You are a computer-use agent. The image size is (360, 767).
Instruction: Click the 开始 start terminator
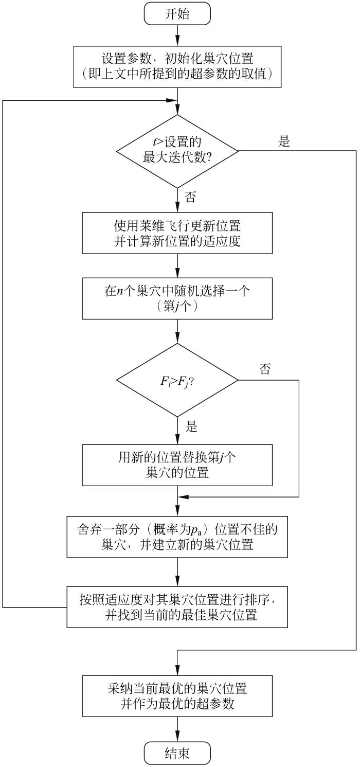click(177, 14)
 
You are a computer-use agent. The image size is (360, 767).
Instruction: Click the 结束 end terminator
click(177, 754)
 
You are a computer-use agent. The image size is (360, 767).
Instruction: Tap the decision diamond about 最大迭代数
click(177, 151)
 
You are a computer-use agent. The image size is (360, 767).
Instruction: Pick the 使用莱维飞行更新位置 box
click(177, 233)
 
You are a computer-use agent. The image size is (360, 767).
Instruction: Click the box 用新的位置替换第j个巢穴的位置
click(177, 465)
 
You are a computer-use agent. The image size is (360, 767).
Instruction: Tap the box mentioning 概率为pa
click(177, 537)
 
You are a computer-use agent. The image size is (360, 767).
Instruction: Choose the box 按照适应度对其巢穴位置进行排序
click(177, 607)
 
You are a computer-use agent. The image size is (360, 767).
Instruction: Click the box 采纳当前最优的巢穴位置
click(177, 695)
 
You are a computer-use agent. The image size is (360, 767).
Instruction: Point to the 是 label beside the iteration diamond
click(284, 141)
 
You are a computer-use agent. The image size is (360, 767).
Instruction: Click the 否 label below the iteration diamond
click(190, 197)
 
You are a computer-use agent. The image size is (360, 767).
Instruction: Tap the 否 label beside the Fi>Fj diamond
click(265, 369)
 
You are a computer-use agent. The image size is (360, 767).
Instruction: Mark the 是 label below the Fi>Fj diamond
click(191, 426)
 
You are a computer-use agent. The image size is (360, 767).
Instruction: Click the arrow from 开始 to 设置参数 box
click(177, 35)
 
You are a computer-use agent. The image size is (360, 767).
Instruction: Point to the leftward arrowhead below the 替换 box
click(182, 497)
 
